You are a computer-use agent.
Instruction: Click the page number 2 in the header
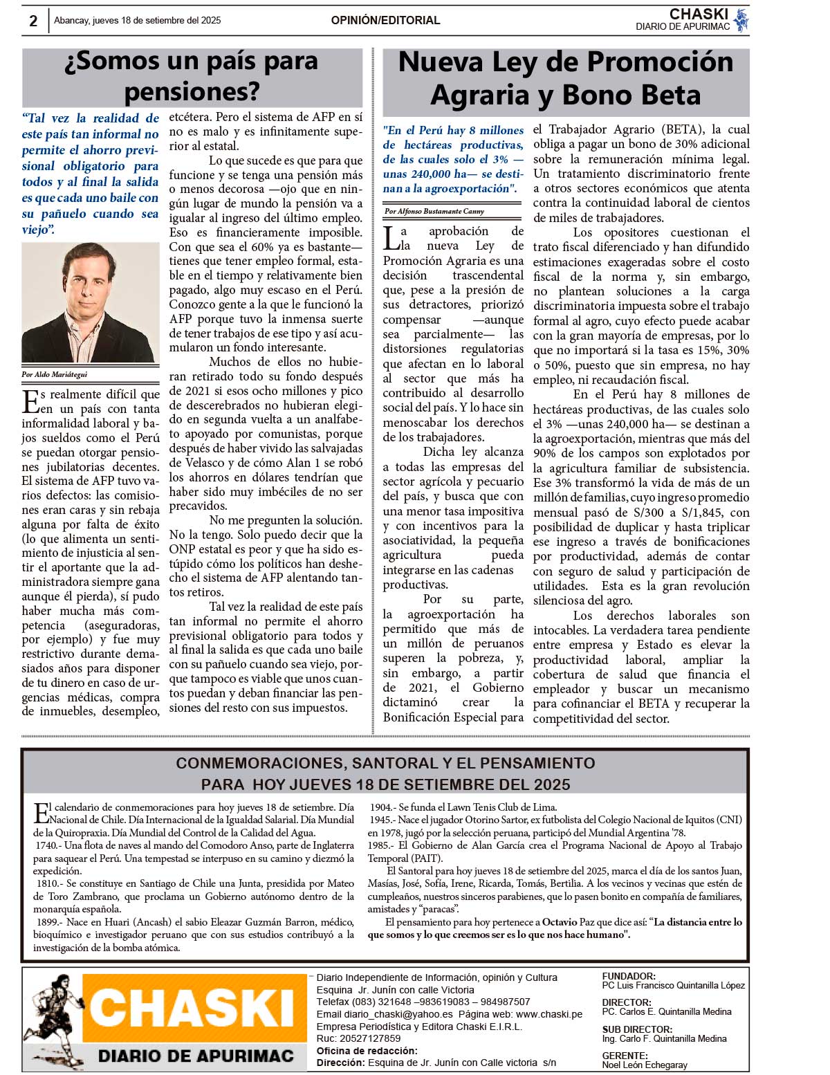point(33,21)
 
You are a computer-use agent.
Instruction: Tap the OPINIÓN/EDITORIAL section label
point(385,21)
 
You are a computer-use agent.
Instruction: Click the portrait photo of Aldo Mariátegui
point(90,302)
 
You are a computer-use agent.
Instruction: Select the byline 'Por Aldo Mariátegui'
point(54,374)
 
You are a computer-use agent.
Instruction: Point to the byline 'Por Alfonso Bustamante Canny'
point(434,211)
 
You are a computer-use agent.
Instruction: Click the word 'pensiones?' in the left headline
point(192,91)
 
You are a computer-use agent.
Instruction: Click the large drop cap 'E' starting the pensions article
point(30,401)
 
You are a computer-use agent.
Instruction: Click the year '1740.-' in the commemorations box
point(48,845)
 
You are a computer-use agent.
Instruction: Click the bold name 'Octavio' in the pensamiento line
point(559,922)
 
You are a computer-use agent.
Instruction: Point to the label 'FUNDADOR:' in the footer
point(628,976)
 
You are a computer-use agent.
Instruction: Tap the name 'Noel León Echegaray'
point(645,1065)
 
